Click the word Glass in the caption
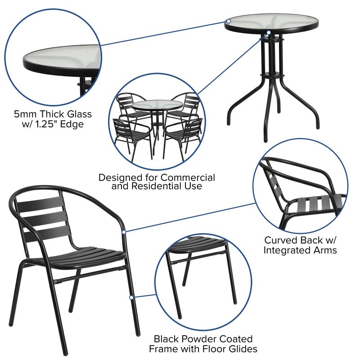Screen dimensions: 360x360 click(x=79, y=113)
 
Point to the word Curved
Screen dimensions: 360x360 click(x=281, y=240)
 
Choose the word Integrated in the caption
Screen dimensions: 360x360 click(x=289, y=250)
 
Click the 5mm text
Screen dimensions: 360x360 click(x=26, y=113)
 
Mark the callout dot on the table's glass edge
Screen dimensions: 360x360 click(x=228, y=21)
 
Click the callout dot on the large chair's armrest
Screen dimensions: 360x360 click(x=124, y=231)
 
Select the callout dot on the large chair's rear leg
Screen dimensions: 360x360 click(x=131, y=297)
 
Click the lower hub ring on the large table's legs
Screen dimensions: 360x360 click(x=269, y=73)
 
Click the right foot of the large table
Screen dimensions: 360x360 click(x=317, y=125)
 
